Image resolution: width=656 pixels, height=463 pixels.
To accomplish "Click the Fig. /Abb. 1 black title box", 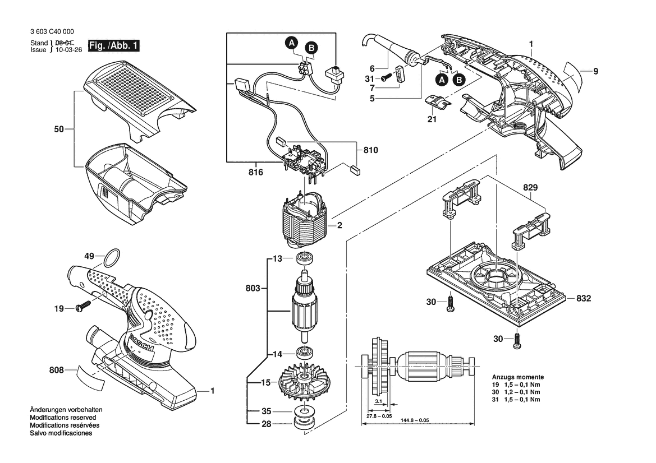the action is click(113, 45).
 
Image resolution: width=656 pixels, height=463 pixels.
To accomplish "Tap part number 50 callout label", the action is click(59, 129).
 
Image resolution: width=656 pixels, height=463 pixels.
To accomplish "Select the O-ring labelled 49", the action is click(112, 258).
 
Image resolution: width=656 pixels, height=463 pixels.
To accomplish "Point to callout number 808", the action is click(57, 370).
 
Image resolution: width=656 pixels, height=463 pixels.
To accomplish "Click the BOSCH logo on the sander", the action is click(142, 342).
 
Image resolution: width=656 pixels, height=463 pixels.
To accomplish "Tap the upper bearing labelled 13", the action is click(304, 258).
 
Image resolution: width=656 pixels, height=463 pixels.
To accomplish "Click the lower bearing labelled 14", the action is click(305, 352).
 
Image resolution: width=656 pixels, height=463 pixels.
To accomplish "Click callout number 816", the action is click(256, 172).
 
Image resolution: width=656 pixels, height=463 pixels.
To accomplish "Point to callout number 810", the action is click(371, 150).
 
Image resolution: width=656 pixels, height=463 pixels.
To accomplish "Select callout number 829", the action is click(530, 188).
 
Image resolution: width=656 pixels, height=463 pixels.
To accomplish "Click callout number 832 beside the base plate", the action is click(584, 298).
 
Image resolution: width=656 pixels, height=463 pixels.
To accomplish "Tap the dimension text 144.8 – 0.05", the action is click(415, 420).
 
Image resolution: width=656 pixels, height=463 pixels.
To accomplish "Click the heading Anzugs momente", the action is click(518, 377).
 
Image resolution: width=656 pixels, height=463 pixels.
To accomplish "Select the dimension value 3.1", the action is click(378, 401).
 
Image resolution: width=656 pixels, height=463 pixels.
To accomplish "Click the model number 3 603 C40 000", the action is click(52, 32).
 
